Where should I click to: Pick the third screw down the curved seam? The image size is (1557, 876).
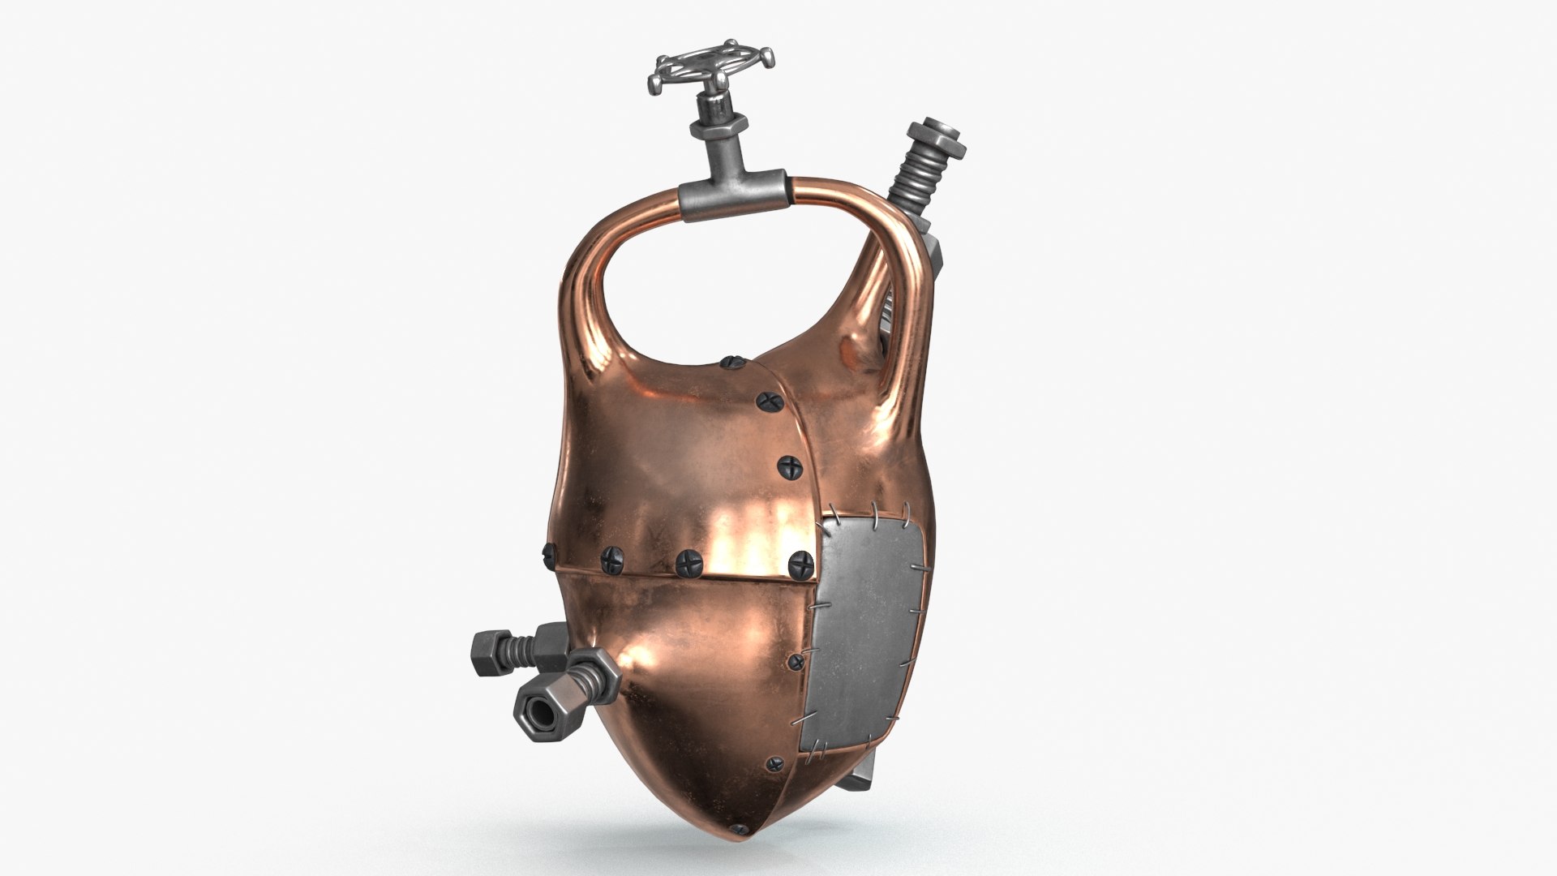789,466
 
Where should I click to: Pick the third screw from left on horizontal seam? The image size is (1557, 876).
688,560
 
